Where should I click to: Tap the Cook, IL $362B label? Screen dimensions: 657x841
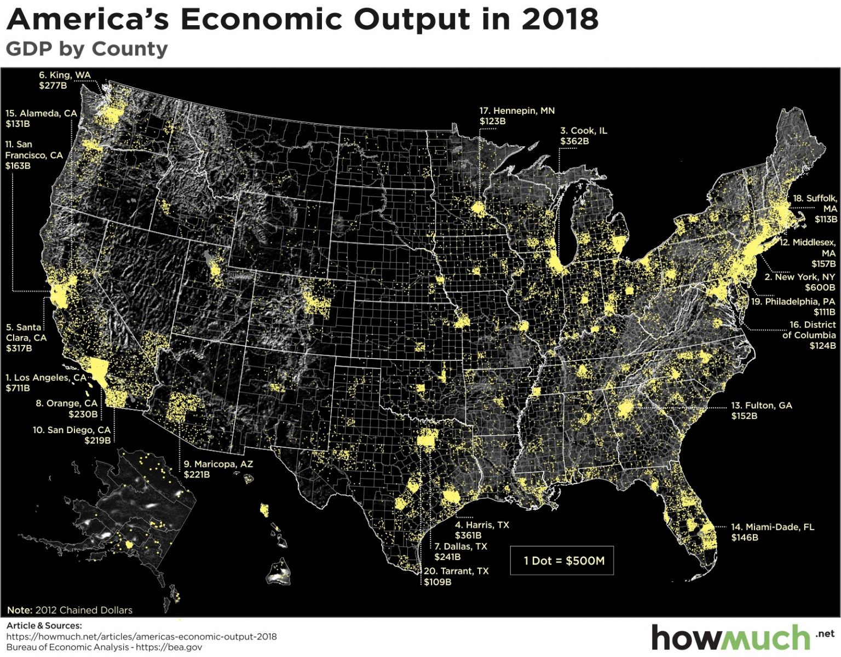point(583,136)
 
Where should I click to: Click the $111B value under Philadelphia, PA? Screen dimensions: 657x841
point(824,312)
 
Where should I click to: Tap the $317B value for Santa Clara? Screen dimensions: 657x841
point(19,348)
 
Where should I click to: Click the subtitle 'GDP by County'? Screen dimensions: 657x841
point(87,49)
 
